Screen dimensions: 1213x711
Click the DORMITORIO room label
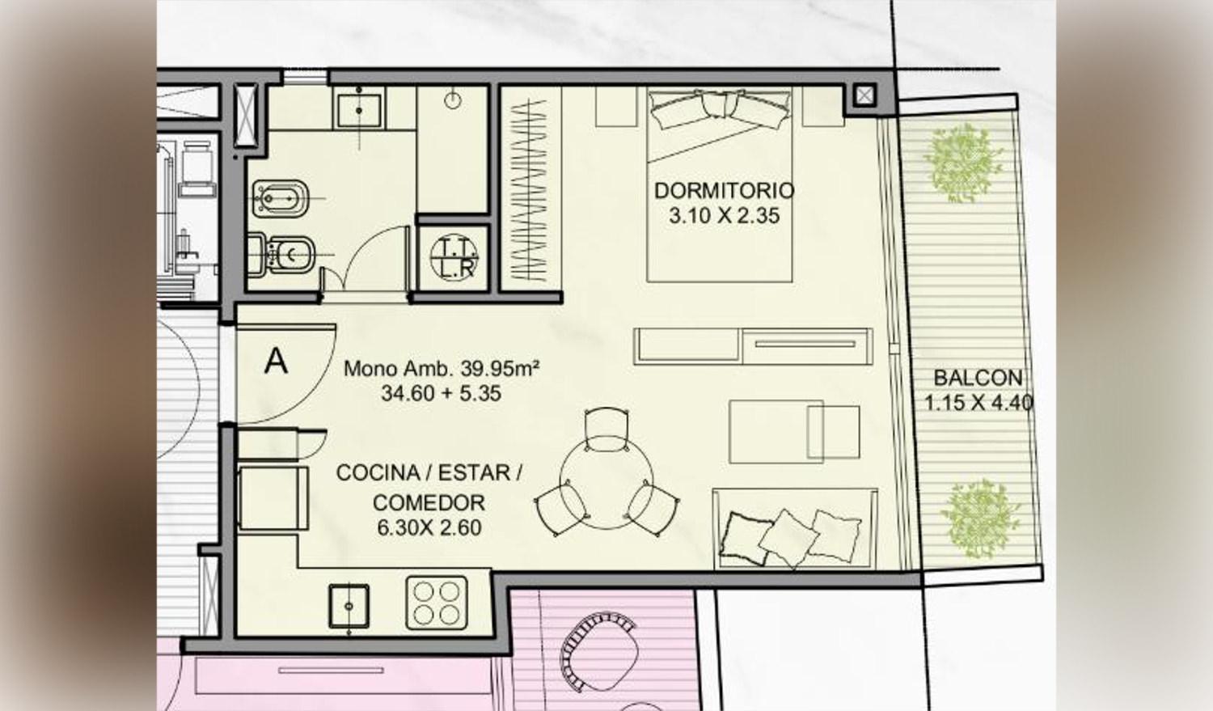724,191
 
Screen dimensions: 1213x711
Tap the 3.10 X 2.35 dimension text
724,216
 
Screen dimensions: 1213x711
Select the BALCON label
978,378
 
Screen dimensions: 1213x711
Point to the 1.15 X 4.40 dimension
978,403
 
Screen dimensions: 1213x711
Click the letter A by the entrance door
276,361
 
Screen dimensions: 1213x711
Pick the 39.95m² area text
500,369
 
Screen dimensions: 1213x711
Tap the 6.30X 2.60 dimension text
429,527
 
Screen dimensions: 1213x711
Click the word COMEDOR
429,502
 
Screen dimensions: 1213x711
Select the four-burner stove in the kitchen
437,603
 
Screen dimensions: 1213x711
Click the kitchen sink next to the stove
349,607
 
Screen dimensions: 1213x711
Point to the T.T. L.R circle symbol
454,256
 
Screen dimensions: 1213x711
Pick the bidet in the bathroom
281,197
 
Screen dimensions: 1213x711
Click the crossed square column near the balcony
864,95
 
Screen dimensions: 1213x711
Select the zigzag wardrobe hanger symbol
529,190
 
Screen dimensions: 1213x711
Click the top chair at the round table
607,430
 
